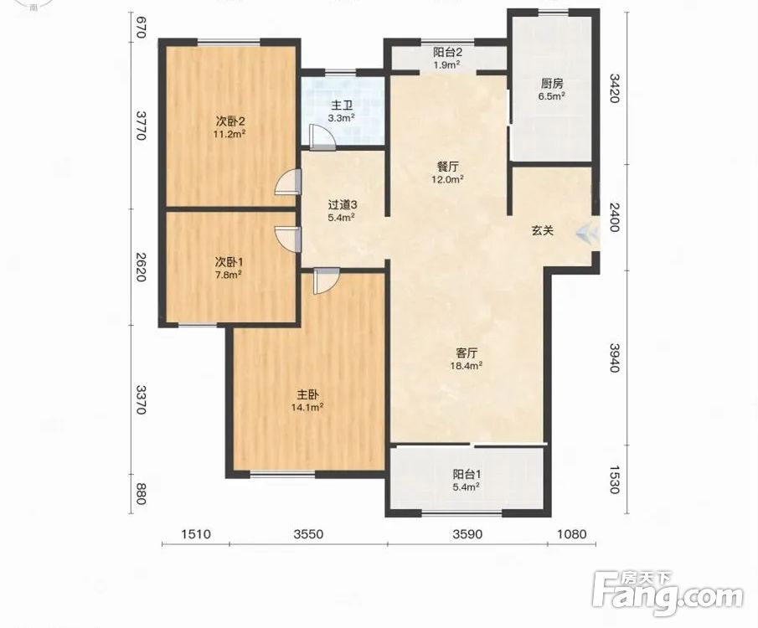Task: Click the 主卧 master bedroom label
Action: tap(307, 395)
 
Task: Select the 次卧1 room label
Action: tap(229, 263)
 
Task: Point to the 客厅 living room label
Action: tap(467, 353)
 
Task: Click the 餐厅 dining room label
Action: tap(447, 167)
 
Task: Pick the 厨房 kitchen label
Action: tap(552, 84)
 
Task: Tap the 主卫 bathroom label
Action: tap(342, 106)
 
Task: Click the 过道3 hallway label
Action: tap(342, 205)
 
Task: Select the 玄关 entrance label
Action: tap(543, 231)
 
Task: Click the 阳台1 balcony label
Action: tap(466, 474)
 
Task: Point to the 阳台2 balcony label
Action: tap(446, 52)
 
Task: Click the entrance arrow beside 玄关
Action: tap(587, 234)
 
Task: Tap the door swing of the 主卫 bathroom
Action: tap(321, 137)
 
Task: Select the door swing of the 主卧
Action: tap(325, 281)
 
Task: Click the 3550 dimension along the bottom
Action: tap(308, 534)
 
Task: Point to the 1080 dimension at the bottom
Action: tap(572, 534)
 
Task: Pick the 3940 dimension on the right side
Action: tap(614, 358)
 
